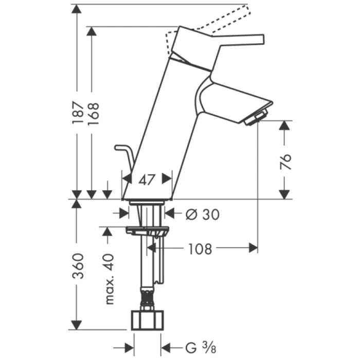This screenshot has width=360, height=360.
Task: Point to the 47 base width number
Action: coord(147,179)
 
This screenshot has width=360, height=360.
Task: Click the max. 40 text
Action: coord(109,278)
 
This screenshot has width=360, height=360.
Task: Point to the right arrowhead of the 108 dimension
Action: coord(253,248)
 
